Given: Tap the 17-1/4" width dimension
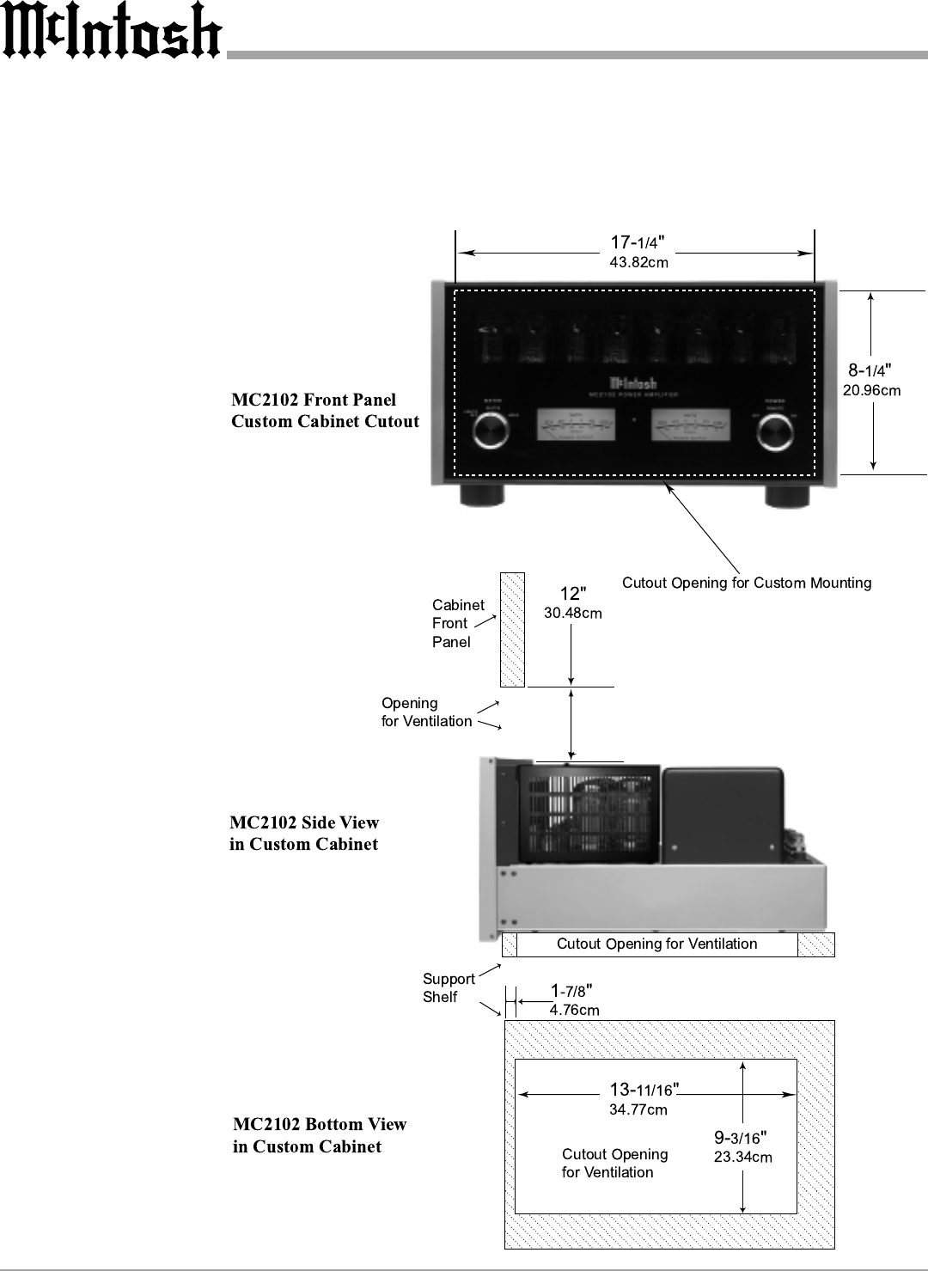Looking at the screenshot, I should pos(638,242).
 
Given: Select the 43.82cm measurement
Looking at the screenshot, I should pos(638,262).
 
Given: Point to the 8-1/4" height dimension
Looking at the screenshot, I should pos(870,370).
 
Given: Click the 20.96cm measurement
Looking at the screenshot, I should pos(871,391).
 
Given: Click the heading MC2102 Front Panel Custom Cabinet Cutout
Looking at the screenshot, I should pos(325,411).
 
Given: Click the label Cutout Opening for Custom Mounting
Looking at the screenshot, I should pos(746,583).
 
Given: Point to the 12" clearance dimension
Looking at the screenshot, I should pos(573,594).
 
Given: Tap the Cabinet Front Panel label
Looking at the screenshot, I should pos(457,623).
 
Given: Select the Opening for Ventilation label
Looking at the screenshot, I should pos(426,712).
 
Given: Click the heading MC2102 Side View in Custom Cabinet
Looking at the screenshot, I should pos(304,834).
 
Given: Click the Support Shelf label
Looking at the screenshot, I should pos(448,987).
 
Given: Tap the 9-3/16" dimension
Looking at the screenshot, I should pos(740,1138).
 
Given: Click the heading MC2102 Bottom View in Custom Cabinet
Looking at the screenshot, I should pos(320,1135).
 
